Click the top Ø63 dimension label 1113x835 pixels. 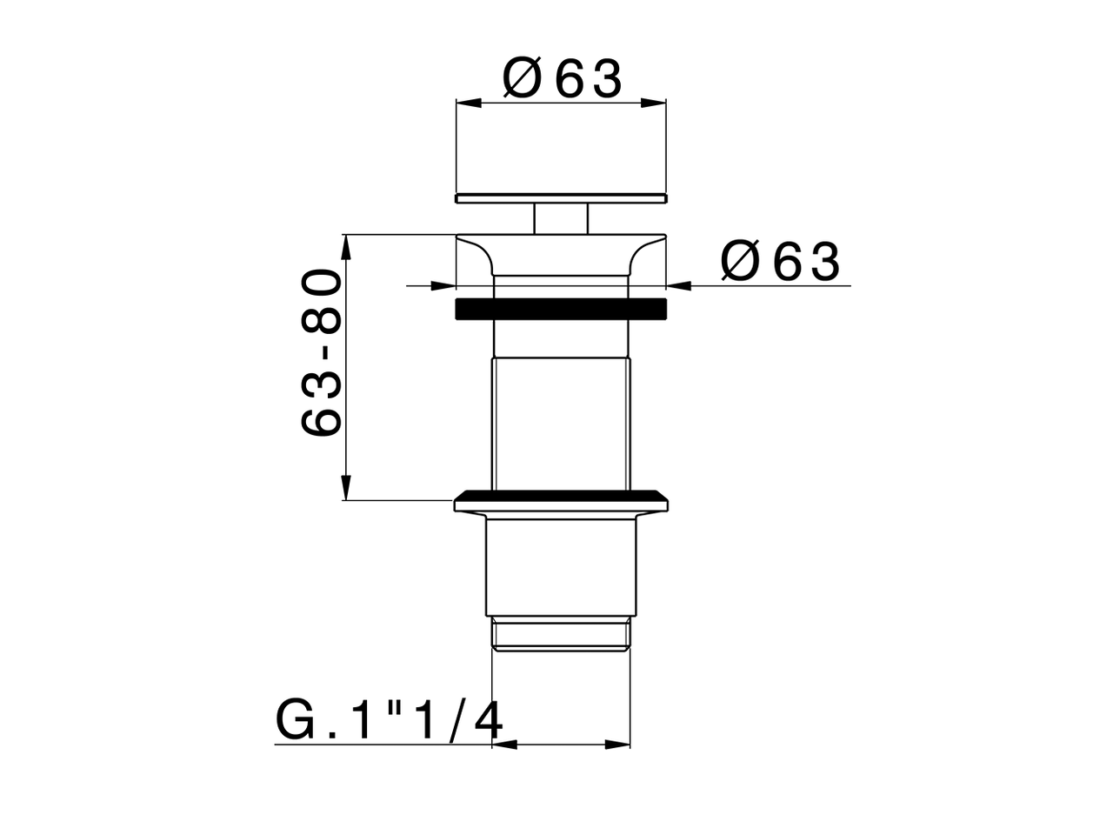pyautogui.click(x=563, y=79)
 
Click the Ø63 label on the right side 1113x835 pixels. pyautogui.click(x=780, y=261)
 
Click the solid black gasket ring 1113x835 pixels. pyautogui.click(x=561, y=309)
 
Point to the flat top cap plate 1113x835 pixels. pyautogui.click(x=561, y=197)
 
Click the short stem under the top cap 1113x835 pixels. pyautogui.click(x=561, y=217)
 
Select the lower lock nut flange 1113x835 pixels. pyautogui.click(x=563, y=502)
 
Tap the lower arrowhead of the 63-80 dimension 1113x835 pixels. pyautogui.click(x=346, y=487)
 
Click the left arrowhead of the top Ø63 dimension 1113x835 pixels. pyautogui.click(x=468, y=103)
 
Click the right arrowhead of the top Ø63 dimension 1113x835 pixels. pyautogui.click(x=654, y=103)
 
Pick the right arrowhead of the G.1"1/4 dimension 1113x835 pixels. pyautogui.click(x=618, y=745)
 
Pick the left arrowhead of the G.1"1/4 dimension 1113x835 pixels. pyautogui.click(x=505, y=745)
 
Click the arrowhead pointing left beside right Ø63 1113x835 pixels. pyautogui.click(x=679, y=284)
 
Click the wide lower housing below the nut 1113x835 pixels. pyautogui.click(x=561, y=565)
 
